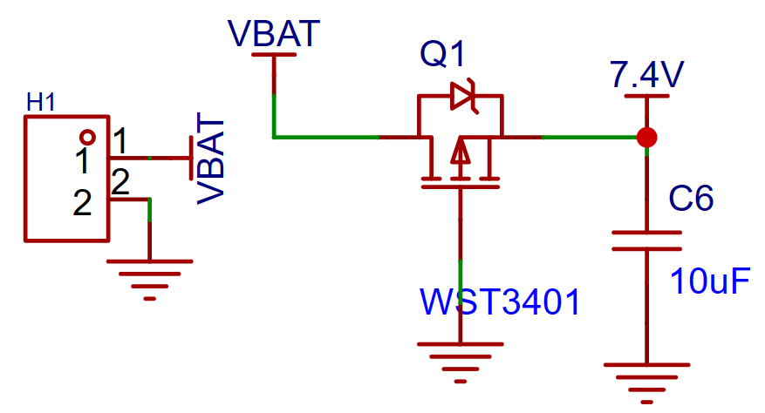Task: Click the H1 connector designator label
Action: (x=40, y=103)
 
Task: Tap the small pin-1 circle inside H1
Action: (x=87, y=138)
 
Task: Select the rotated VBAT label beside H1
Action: (x=211, y=158)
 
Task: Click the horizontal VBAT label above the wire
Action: (x=274, y=34)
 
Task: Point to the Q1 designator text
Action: (x=442, y=53)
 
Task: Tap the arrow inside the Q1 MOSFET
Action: (x=460, y=151)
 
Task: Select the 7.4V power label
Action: (x=647, y=74)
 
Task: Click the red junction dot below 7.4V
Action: (x=647, y=138)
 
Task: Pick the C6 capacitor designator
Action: (x=691, y=199)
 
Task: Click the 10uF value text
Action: (x=710, y=281)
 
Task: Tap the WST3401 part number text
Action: (x=500, y=301)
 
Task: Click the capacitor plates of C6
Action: (x=647, y=240)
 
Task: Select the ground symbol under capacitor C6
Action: (x=647, y=383)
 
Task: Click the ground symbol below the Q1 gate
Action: (x=460, y=362)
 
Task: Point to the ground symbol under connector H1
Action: (x=150, y=280)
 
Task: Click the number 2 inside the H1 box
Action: (x=83, y=203)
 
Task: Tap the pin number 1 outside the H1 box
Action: (x=120, y=141)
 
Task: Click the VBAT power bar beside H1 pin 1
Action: (x=191, y=158)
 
